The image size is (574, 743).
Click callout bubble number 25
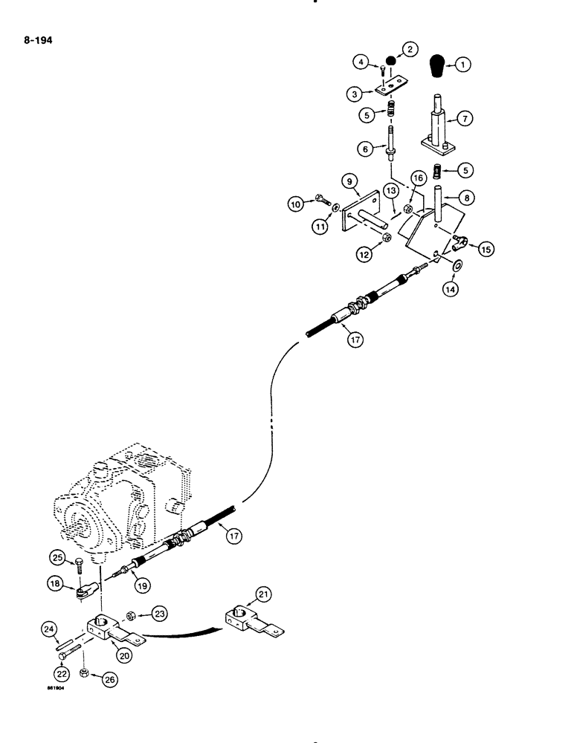(x=57, y=557)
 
